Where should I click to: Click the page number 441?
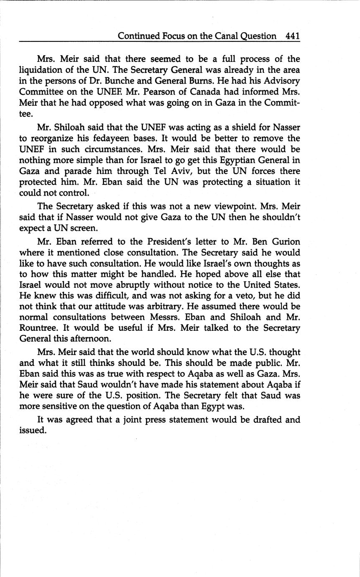(293, 36)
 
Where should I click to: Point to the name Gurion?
(286, 242)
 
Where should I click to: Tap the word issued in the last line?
(32, 430)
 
